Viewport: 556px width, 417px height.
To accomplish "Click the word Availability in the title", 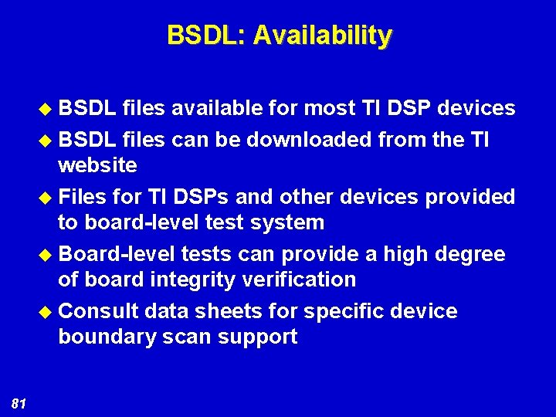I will coord(323,36).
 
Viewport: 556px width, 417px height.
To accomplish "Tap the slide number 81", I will coord(20,402).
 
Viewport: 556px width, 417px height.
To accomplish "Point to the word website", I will coord(97,165).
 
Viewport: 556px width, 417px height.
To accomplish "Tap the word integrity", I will coord(190,280).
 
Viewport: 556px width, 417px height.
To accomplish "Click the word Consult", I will coord(98,311).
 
